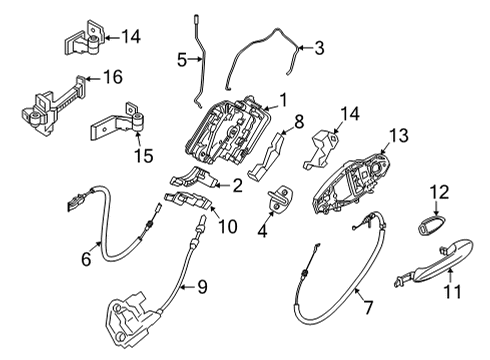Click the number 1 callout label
click(x=283, y=100)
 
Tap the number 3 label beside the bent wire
click(x=319, y=46)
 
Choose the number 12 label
click(x=441, y=191)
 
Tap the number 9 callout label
click(x=201, y=288)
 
